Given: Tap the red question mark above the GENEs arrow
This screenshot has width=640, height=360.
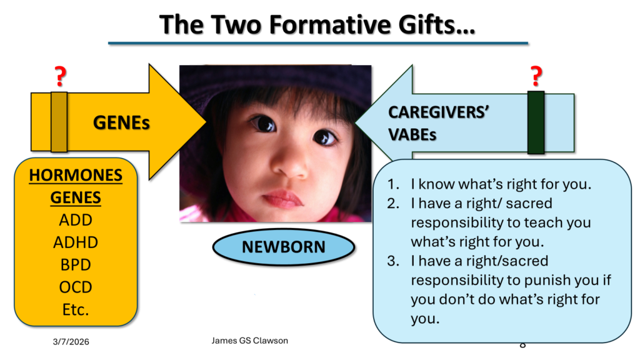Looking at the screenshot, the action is tap(61, 76).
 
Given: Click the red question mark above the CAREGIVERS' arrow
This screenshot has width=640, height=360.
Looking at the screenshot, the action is tap(536, 76).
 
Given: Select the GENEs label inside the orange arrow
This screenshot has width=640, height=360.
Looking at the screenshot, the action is tap(121, 122).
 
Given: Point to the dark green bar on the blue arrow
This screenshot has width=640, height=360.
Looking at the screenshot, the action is tap(536, 122).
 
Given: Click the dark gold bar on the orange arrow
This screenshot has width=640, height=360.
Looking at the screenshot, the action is tap(59, 122).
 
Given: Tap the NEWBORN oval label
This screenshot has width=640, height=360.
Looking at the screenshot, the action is tap(284, 247).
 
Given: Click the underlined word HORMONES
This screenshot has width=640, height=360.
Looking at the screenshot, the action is tap(76, 175).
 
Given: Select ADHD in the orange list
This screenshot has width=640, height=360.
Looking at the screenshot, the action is tap(76, 242).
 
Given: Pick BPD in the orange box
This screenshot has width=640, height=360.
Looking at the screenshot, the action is tap(76, 265).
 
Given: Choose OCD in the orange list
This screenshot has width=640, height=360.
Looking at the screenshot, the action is tap(76, 287).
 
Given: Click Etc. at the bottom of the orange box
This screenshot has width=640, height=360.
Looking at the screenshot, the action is tap(76, 310).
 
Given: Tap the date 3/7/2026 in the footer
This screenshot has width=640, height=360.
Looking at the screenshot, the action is tap(71, 342).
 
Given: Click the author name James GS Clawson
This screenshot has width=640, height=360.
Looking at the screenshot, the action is tap(250, 341).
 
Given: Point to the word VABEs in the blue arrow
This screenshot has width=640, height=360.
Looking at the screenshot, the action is tap(412, 135).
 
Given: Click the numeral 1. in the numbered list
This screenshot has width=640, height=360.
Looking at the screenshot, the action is tap(393, 184).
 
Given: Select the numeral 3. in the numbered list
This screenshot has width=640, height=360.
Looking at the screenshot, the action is tap(393, 261).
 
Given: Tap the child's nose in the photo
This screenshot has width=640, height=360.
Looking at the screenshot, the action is tap(291, 165).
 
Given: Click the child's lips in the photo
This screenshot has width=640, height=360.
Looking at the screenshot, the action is tap(283, 199).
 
